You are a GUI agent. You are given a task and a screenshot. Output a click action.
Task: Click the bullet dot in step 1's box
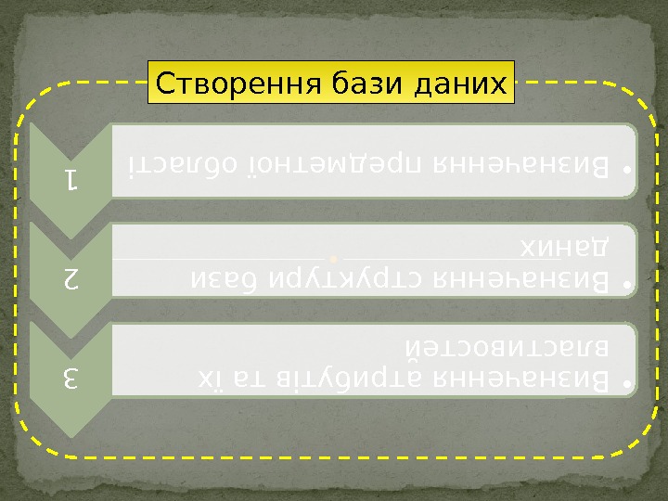627,173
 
